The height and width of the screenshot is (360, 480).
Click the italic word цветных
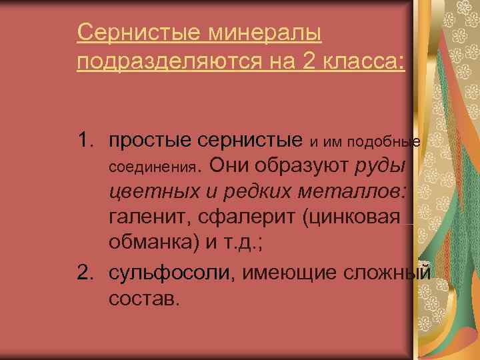coord(147,192)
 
